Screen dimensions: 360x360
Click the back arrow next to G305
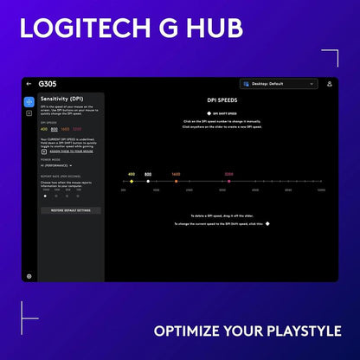pyautogui.click(x=29, y=84)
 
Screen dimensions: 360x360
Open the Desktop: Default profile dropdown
pyautogui.click(x=275, y=84)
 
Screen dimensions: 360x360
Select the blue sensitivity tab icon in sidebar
pyautogui.click(x=29, y=101)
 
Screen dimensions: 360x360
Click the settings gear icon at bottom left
pyautogui.click(x=29, y=276)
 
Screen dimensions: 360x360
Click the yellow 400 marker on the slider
pyautogui.click(x=132, y=182)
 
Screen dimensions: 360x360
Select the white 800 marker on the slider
pyautogui.click(x=148, y=182)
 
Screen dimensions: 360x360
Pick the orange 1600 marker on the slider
pyautogui.click(x=176, y=182)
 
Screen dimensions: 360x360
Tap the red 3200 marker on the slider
pyautogui.click(x=228, y=182)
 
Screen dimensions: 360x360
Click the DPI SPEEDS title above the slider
pyautogui.click(x=222, y=100)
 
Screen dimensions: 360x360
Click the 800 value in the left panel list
pyautogui.click(x=55, y=129)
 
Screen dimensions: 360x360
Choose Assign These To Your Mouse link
pyautogui.click(x=72, y=151)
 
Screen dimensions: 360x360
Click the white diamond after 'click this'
pyautogui.click(x=267, y=223)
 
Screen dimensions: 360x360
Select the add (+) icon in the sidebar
pyautogui.click(x=29, y=113)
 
